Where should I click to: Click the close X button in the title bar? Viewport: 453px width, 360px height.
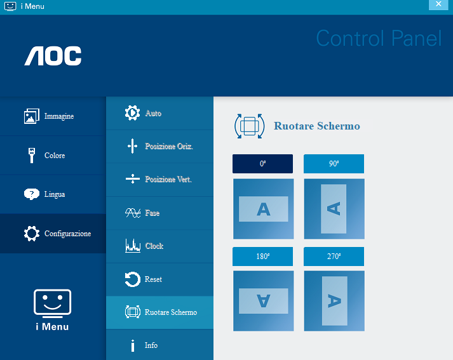pos(438,4)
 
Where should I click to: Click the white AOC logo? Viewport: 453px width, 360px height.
pos(53,56)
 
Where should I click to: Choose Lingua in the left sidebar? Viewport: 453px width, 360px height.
pos(53,194)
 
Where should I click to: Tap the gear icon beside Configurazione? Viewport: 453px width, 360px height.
pos(32,233)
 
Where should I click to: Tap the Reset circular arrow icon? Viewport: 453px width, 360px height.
pos(133,279)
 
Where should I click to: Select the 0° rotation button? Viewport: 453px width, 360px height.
pos(262,164)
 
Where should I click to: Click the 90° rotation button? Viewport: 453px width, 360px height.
pos(334,164)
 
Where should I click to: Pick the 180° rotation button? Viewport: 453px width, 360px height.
pos(262,257)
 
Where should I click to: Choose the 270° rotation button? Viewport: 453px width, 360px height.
pos(334,257)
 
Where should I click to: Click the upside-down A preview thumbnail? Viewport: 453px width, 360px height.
pos(264,301)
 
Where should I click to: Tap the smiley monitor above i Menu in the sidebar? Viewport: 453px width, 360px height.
pos(52,302)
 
